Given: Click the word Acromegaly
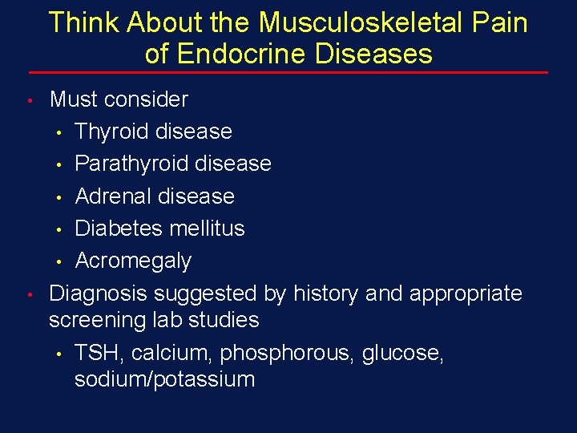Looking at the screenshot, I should click(x=133, y=261).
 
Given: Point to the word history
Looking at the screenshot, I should click(x=326, y=294).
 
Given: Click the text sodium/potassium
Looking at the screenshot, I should click(x=164, y=379).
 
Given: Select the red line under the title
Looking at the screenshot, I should click(x=288, y=73).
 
